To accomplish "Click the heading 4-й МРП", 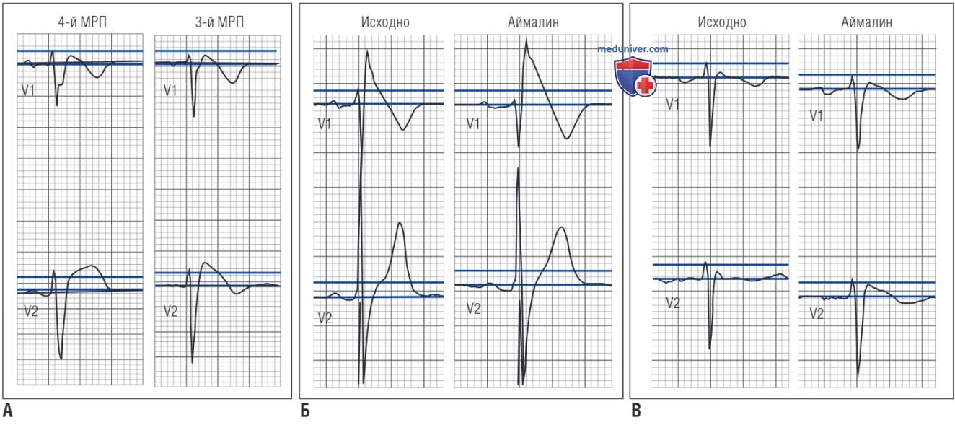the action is click(82, 22).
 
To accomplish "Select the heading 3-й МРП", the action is click(219, 22).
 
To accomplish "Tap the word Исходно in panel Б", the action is click(385, 22).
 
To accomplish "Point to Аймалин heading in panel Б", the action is click(533, 22).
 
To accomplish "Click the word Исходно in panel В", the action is click(722, 22).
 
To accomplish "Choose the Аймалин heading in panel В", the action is click(867, 22).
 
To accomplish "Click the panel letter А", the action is click(8, 411).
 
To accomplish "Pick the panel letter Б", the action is click(305, 411).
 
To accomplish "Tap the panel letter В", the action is click(635, 411).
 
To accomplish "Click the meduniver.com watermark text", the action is click(633, 49).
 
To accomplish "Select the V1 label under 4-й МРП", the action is click(28, 91).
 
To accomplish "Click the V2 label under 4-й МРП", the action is click(31, 311).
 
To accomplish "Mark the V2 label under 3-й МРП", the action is click(170, 311).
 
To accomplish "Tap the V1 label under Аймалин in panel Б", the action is click(473, 124).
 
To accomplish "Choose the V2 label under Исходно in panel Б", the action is click(325, 318).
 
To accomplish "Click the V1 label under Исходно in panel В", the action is click(673, 105).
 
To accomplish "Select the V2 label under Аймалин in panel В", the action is click(817, 314).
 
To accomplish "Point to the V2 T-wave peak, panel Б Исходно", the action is click(400, 223).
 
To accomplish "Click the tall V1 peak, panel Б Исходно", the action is click(367, 51).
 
